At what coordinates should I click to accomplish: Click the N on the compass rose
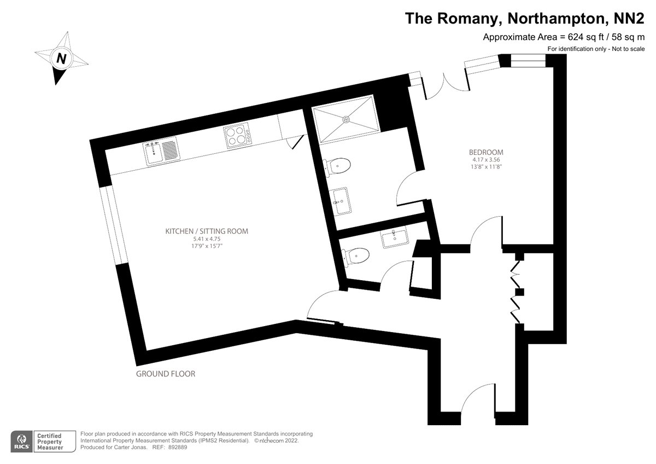tap(61, 59)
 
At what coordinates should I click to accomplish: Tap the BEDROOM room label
tap(486, 152)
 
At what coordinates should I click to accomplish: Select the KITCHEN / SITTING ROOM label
tap(207, 231)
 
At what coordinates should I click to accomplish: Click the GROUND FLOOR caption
tap(166, 374)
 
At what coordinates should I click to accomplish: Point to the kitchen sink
tap(161, 151)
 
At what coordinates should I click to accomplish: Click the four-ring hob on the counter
tap(237, 135)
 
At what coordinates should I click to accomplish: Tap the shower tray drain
tap(346, 119)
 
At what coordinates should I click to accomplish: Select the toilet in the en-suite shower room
tap(336, 166)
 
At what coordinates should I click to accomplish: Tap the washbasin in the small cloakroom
tap(395, 237)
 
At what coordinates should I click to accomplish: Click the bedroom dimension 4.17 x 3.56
tap(486, 160)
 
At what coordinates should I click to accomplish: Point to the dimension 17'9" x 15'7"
tap(207, 246)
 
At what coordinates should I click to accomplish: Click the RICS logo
tap(22, 441)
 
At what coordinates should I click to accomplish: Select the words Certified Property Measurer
tap(50, 442)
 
